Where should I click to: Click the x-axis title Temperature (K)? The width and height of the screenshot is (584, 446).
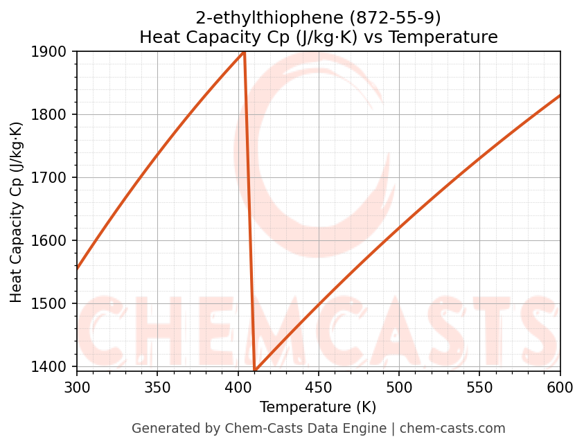318,407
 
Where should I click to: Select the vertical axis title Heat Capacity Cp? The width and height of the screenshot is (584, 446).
17,212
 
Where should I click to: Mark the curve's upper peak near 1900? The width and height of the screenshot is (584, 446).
244,52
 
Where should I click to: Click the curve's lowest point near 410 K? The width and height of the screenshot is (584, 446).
255,371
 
